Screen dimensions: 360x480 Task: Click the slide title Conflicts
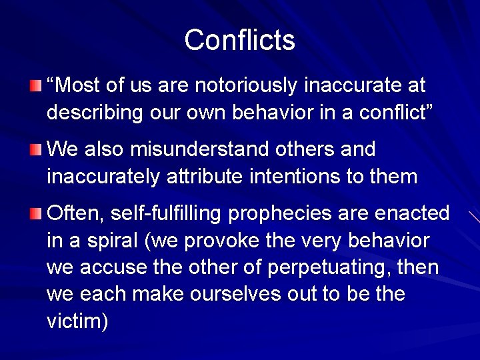[239, 40]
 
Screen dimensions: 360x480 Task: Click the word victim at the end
[73, 321]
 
